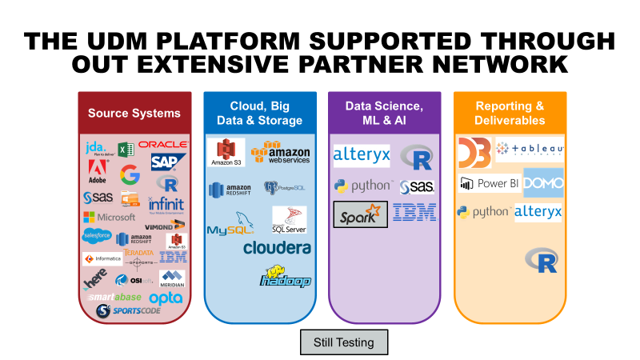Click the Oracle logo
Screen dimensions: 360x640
pyautogui.click(x=163, y=145)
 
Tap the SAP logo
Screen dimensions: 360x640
pyautogui.click(x=168, y=162)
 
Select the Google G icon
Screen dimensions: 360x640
pyautogui.click(x=129, y=174)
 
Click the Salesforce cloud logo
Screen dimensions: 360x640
pyautogui.click(x=97, y=235)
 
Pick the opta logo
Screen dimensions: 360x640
pyautogui.click(x=166, y=298)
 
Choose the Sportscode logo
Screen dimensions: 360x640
pyautogui.click(x=129, y=311)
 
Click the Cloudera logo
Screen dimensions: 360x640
pyautogui.click(x=277, y=248)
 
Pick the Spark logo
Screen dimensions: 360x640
pyautogui.click(x=360, y=214)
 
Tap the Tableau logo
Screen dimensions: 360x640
pyautogui.click(x=530, y=148)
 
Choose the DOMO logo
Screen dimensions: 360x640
pyautogui.click(x=543, y=183)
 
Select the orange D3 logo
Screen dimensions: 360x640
pyautogui.click(x=474, y=151)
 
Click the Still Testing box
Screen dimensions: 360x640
pyautogui.click(x=343, y=342)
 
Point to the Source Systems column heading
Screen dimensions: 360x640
pyautogui.click(x=134, y=113)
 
